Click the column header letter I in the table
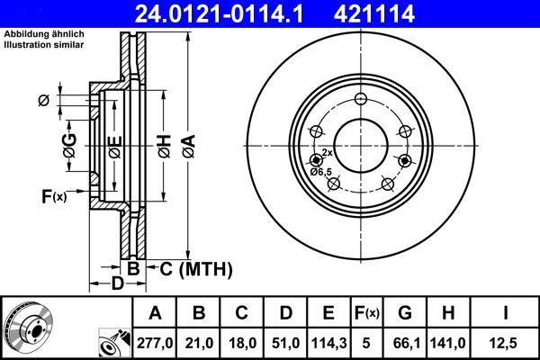click(x=504, y=312)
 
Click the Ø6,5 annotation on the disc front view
click(x=320, y=171)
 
